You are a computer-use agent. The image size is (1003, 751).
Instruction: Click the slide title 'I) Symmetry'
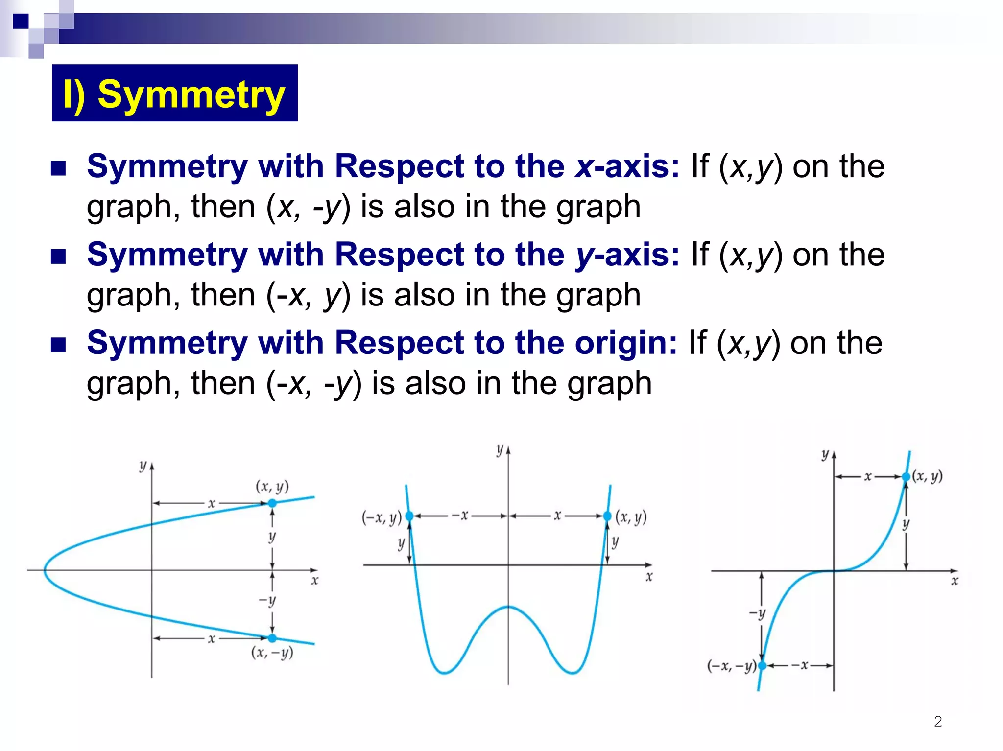pyautogui.click(x=174, y=94)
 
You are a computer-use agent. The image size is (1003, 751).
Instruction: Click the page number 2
pyautogui.click(x=938, y=721)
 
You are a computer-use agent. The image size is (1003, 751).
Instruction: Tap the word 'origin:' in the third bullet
pyautogui.click(x=626, y=343)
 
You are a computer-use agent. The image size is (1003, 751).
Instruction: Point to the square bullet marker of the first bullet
pyautogui.click(x=58, y=168)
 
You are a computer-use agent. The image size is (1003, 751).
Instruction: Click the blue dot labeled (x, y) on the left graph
pyautogui.click(x=272, y=503)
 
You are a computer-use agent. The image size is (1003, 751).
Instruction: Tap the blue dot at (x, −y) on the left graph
pyautogui.click(x=272, y=638)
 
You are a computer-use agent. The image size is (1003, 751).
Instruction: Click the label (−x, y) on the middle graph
pyautogui.click(x=382, y=517)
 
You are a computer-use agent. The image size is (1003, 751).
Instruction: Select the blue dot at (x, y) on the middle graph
pyautogui.click(x=607, y=516)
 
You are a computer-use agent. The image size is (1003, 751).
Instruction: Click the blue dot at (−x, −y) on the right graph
pyautogui.click(x=762, y=666)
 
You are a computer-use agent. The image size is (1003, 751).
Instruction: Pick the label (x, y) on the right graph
pyautogui.click(x=927, y=476)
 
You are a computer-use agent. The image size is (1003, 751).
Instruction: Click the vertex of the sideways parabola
pyautogui.click(x=45, y=570)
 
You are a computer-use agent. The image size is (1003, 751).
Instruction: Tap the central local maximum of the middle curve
pyautogui.click(x=508, y=607)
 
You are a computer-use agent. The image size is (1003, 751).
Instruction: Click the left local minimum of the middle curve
pyautogui.click(x=444, y=673)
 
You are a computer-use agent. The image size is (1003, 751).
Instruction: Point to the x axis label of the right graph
pyautogui.click(x=954, y=581)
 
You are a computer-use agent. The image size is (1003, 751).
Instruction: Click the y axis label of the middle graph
pyautogui.click(x=500, y=449)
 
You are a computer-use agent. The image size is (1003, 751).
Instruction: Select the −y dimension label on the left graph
pyautogui.click(x=267, y=600)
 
